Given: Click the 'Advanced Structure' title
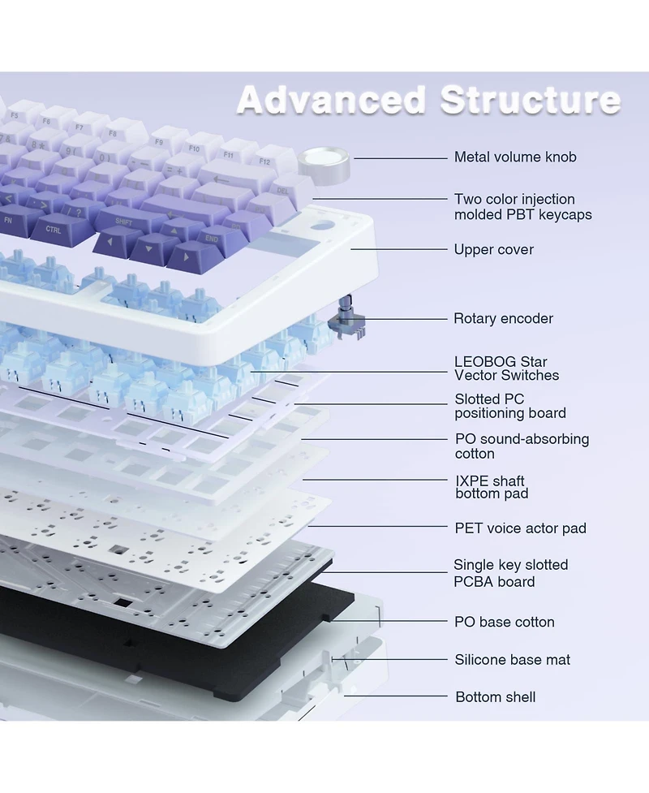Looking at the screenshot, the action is pyautogui.click(x=428, y=100).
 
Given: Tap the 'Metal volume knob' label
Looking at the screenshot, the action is pyautogui.click(x=515, y=157).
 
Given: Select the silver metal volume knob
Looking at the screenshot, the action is pyautogui.click(x=324, y=165).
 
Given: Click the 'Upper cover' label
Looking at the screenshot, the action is pyautogui.click(x=493, y=249).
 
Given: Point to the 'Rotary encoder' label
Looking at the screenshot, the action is pyautogui.click(x=503, y=318).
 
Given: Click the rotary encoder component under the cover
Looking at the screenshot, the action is pyautogui.click(x=346, y=318).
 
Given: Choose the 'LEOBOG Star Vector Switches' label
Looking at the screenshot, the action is pyautogui.click(x=506, y=368).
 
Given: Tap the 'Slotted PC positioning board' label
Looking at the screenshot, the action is pyautogui.click(x=510, y=406).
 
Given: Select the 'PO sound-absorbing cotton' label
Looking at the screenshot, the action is pyautogui.click(x=522, y=446).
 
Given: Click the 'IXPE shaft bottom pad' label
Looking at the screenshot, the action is pyautogui.click(x=492, y=487).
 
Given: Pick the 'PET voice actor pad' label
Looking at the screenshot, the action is pyautogui.click(x=520, y=528).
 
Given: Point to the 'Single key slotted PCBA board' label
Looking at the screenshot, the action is pyautogui.click(x=510, y=573).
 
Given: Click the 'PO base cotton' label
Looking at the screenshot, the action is pyautogui.click(x=504, y=622).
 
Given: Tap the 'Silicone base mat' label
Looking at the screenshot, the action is pyautogui.click(x=512, y=660).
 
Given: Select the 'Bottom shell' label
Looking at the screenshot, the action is pyautogui.click(x=496, y=697).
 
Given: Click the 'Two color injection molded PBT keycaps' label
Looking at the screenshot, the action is pyautogui.click(x=522, y=206).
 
